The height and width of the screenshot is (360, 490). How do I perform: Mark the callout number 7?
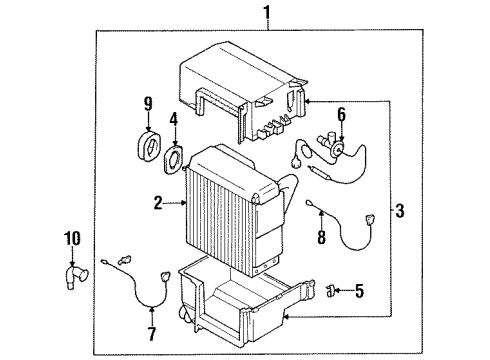pyautogui.click(x=152, y=332)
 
